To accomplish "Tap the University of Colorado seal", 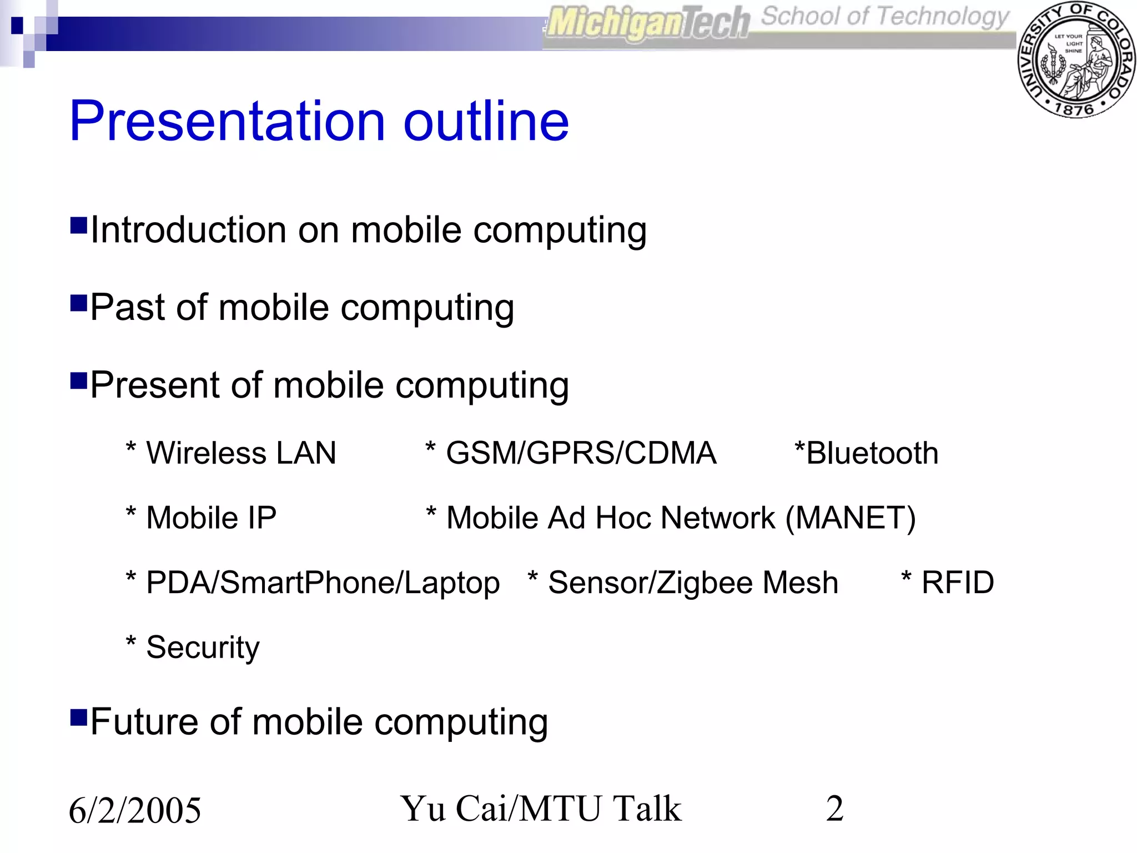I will click(1076, 60).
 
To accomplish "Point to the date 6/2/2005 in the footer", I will click(135, 810).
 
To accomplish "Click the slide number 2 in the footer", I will click(834, 808).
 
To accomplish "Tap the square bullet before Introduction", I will click(79, 225).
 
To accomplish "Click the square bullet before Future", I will click(79, 717).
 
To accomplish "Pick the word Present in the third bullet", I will click(155, 385).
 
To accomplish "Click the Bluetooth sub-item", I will click(872, 453).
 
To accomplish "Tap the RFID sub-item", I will click(957, 583).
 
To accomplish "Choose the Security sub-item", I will click(203, 648).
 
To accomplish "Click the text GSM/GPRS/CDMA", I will click(581, 453).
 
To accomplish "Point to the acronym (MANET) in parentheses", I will click(850, 518).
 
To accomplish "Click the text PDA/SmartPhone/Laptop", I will click(323, 583).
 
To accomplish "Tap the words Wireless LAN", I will click(241, 453).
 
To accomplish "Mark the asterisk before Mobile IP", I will click(131, 512).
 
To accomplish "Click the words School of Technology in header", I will click(884, 17).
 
